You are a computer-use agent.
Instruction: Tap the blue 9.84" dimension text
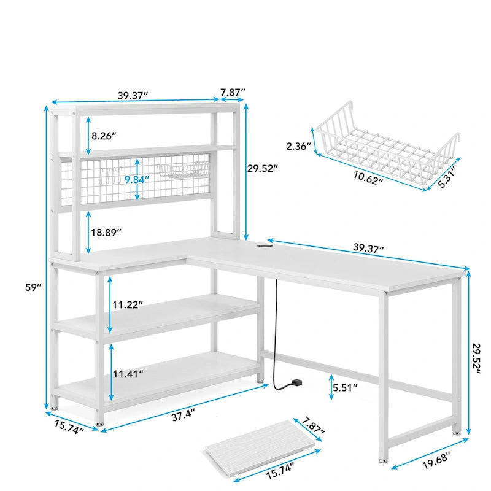coord(136,179)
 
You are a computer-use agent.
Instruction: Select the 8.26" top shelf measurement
coord(104,136)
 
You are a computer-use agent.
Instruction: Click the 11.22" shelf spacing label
coord(127,304)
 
